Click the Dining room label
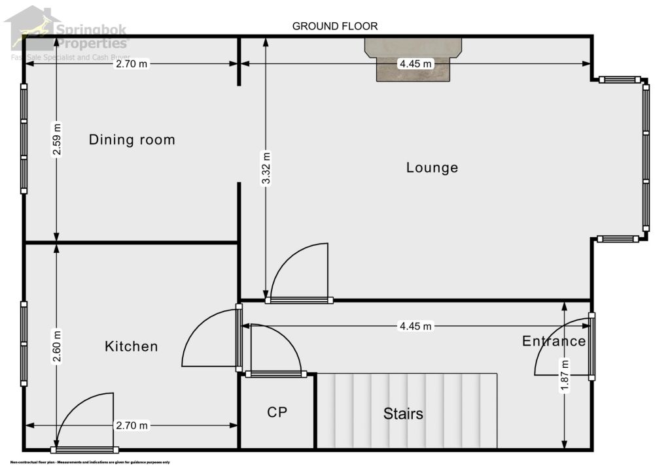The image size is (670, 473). coord(132,139)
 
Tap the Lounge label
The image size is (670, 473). coord(432,167)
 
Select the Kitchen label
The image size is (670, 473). coord(132,346)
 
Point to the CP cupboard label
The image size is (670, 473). coord(277,412)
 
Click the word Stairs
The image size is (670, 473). coord(403,414)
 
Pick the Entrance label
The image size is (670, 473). coord(554,341)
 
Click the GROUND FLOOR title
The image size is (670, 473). coord(335,26)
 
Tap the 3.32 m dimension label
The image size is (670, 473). coord(265,169)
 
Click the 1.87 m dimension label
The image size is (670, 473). coord(564,376)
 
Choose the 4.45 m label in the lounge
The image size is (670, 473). coord(415,64)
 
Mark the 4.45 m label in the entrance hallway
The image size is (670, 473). coord(415,326)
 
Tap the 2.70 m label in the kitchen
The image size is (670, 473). coord(132,426)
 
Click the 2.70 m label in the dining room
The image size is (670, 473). coord(132,64)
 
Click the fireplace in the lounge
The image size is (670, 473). coord(414,59)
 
